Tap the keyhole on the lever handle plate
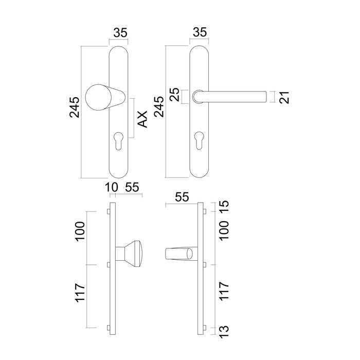click(x=199, y=141)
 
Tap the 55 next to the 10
click(x=132, y=187)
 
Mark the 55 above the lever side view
click(x=182, y=197)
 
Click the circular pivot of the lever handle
click(x=197, y=96)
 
